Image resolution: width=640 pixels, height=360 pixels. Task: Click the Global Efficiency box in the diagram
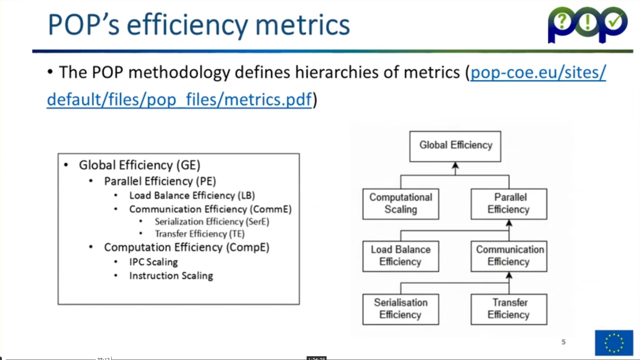tap(455, 147)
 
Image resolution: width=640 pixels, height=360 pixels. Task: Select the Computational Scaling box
tap(401, 204)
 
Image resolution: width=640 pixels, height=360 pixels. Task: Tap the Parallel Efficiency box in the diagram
tap(509, 204)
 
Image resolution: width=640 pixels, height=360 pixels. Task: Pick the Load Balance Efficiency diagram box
tap(401, 256)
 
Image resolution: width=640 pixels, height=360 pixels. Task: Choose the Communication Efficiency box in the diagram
tap(509, 256)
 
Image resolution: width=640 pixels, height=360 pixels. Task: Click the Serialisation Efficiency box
tap(401, 309)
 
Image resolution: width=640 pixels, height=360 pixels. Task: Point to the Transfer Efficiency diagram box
tap(509, 309)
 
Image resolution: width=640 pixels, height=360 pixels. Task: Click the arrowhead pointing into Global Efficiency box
tap(456, 165)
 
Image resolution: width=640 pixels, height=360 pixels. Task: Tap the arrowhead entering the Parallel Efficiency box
tap(509, 223)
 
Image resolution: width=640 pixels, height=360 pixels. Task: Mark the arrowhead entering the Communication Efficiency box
tap(509, 275)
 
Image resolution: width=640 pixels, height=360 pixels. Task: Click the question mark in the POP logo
tap(562, 21)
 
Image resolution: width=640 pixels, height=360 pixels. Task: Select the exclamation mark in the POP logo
tap(588, 22)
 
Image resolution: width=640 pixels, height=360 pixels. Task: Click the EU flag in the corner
tap(614, 343)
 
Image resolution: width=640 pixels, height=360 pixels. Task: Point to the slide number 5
tap(563, 342)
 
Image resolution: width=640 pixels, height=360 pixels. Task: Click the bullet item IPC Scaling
tap(153, 262)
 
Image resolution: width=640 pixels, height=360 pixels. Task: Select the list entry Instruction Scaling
tap(171, 276)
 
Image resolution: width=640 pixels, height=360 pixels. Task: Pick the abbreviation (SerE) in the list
tap(258, 222)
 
